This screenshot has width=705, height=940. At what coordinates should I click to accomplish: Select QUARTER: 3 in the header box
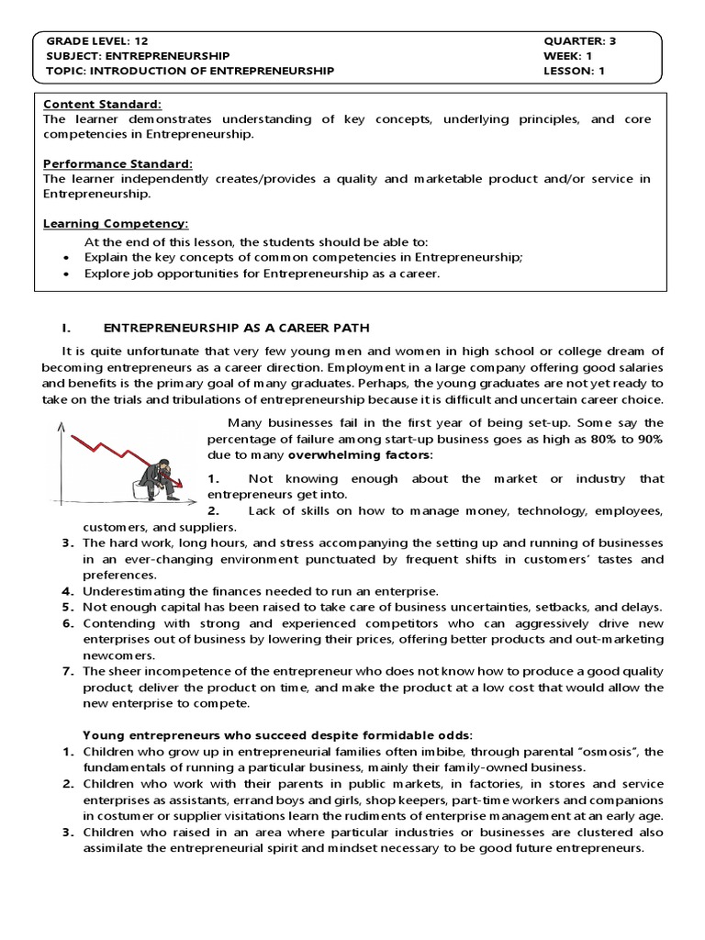click(579, 41)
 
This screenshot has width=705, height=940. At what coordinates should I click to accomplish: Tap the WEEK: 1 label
click(569, 55)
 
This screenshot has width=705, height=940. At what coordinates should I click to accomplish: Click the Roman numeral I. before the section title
click(65, 328)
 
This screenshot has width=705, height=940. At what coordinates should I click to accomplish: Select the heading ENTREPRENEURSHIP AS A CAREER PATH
click(238, 328)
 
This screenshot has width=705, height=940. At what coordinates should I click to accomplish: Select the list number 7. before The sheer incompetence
click(68, 672)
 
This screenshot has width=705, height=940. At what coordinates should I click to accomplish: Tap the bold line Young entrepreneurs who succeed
click(277, 734)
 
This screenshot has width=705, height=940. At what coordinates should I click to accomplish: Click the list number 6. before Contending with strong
click(68, 623)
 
